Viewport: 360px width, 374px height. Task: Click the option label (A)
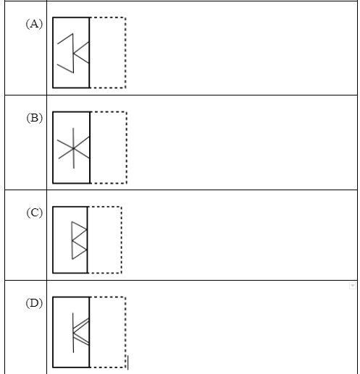(34, 24)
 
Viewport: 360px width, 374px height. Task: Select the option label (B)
(35, 118)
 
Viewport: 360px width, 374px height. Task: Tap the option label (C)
(35, 213)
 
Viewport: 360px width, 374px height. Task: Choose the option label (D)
(34, 303)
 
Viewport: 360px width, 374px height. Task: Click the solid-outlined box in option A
(53, 53)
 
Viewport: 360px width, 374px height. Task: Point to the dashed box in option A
(125, 53)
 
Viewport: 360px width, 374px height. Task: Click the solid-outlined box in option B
(53, 148)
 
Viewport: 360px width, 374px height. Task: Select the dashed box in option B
(127, 148)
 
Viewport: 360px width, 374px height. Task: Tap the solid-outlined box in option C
(53, 239)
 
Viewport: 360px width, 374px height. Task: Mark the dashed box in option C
(122, 239)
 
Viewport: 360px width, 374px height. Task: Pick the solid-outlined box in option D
(53, 332)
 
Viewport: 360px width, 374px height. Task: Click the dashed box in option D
(125, 332)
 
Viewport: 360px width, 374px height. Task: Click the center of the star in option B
(73, 148)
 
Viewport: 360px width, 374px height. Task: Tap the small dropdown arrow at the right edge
(353, 286)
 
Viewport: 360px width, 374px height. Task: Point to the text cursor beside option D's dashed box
(128, 362)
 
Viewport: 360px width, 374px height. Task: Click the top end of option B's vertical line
(73, 128)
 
